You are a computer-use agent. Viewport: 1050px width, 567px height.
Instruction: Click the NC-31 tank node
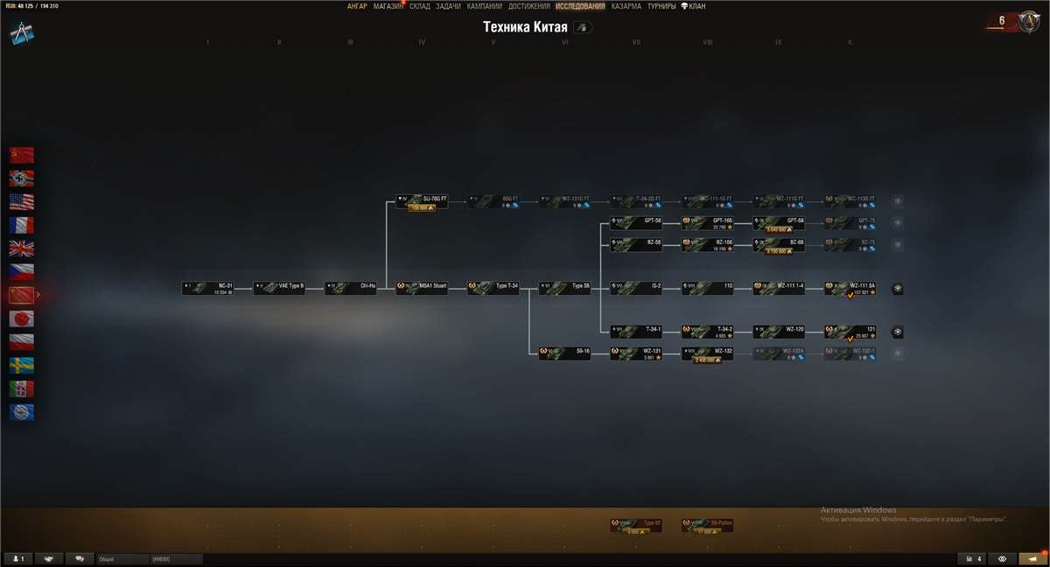click(x=207, y=288)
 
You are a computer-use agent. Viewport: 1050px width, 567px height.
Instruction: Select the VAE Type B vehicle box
click(x=279, y=288)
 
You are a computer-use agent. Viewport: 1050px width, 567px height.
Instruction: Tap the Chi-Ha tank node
click(x=351, y=288)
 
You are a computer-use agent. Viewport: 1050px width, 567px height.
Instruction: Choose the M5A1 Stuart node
click(x=422, y=288)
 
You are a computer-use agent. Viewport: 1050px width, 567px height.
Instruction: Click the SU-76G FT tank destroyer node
click(x=422, y=201)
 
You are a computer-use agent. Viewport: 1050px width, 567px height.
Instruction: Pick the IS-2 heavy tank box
click(x=636, y=288)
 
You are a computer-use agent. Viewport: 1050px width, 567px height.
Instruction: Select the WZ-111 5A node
click(x=850, y=288)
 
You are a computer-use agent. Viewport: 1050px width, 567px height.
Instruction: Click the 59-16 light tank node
click(x=564, y=353)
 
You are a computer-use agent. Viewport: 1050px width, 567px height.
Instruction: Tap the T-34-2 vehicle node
click(x=708, y=332)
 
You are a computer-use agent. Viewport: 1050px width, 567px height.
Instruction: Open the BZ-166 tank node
click(x=708, y=244)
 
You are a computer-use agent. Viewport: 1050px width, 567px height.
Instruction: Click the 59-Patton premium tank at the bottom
click(x=708, y=525)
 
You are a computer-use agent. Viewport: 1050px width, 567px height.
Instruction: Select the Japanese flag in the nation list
click(x=22, y=318)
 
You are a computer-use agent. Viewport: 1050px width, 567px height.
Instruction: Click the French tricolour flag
click(x=22, y=225)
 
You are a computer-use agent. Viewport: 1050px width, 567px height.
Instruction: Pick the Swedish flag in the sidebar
click(x=22, y=365)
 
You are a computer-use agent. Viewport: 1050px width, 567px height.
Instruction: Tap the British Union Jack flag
click(x=22, y=248)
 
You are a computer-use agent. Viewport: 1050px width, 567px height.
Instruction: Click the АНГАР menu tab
click(x=357, y=6)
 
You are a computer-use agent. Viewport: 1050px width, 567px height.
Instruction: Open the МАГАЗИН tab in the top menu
click(x=388, y=6)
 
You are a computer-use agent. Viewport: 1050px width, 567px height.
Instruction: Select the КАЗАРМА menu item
click(x=626, y=6)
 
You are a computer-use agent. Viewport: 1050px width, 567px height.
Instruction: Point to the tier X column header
click(x=850, y=42)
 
